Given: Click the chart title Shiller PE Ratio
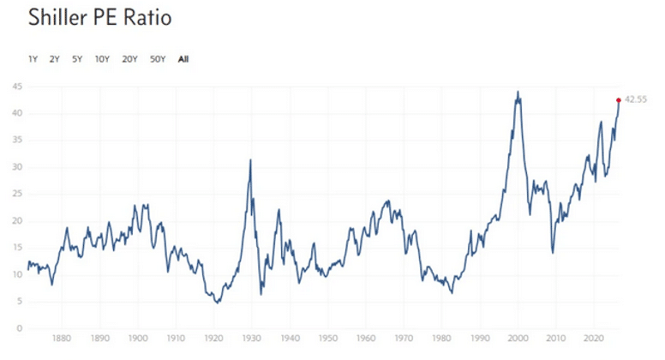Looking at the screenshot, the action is point(99,17).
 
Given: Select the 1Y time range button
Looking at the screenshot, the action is point(33,59).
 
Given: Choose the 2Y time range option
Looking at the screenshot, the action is point(54,59).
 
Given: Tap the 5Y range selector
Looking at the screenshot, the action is point(77,59).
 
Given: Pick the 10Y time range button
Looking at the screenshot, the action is point(102,59).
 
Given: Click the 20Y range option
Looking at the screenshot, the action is point(129,59).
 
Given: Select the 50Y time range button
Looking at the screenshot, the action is point(158,59).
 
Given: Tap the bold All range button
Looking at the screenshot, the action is point(183,59).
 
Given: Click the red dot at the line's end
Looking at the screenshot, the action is point(619,100).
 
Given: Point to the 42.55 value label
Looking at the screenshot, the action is point(636,99).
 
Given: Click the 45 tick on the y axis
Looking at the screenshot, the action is point(17,87).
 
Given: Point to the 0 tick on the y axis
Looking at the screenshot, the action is point(20,328).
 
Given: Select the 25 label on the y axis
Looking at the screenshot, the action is point(17,194).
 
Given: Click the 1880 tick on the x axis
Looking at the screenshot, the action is point(62,339).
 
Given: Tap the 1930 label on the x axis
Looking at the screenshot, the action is point(251,339).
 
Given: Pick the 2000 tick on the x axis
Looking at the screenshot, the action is point(518,339).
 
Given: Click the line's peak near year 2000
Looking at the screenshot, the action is point(518,92).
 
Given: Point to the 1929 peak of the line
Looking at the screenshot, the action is point(250,160).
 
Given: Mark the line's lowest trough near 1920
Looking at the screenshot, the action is point(218,303).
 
